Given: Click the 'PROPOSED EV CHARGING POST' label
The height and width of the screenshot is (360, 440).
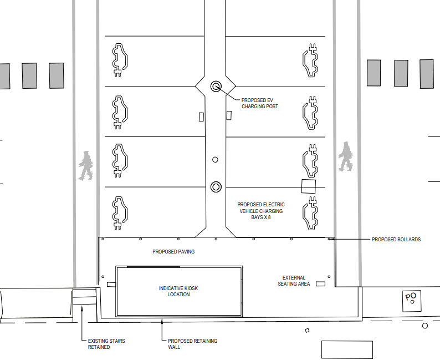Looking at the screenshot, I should [259, 103].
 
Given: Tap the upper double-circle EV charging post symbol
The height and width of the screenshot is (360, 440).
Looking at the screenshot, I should [216, 86].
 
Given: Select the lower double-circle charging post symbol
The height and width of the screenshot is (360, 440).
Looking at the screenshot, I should [216, 186].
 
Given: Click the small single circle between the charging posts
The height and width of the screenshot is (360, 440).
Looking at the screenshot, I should [216, 160].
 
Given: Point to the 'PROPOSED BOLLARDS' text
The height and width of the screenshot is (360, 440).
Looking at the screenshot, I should [396, 240].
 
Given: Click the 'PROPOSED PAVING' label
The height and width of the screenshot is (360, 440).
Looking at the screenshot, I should [173, 252].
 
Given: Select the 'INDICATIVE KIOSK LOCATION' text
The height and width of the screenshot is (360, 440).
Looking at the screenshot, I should [178, 291].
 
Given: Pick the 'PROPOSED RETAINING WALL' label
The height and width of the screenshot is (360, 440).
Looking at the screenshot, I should [192, 344].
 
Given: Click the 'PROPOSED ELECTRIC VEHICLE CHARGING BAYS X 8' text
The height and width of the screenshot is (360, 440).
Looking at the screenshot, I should [260, 211].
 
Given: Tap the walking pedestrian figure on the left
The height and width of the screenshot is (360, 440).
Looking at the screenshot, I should [85, 165].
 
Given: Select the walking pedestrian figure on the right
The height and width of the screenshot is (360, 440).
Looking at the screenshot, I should [345, 156].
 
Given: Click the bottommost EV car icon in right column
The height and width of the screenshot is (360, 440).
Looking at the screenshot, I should [310, 213].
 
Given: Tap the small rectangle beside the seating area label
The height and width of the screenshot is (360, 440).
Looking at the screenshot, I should [320, 284].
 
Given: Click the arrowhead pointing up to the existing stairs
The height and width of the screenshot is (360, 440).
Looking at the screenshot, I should [82, 307].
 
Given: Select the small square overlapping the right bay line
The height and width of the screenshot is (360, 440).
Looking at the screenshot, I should [308, 186].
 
